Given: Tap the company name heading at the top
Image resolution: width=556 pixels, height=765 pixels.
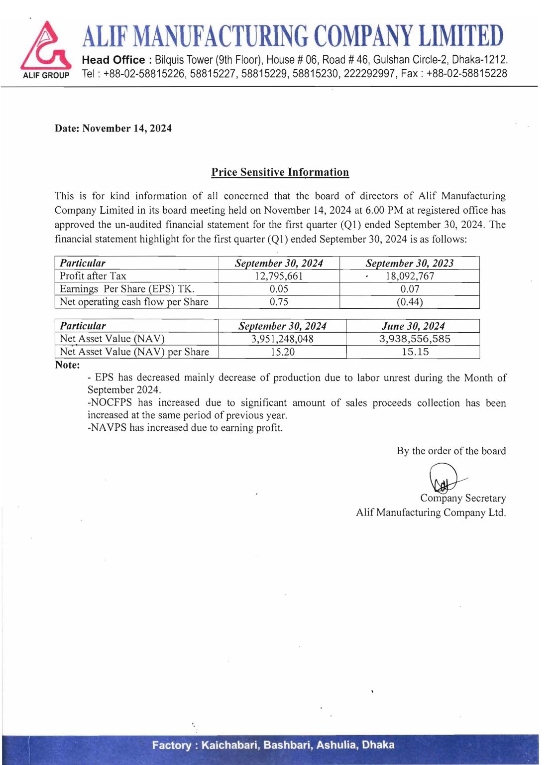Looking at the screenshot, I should click(293, 36).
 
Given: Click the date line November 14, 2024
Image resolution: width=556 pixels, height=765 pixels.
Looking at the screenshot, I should click(113, 128).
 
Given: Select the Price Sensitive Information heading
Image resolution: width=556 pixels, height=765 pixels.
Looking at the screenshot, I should click(280, 172).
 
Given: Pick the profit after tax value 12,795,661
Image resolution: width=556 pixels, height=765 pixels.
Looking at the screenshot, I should click(279, 276).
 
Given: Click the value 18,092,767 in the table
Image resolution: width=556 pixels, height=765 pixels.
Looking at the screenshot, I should click(410, 276).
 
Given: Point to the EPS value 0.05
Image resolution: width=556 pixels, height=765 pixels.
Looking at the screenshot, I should click(279, 289).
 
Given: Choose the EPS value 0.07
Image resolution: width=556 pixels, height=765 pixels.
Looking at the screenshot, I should click(410, 289).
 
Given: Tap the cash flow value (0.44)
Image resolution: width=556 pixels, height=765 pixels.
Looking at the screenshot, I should click(410, 302).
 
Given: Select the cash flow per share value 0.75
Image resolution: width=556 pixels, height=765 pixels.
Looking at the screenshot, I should click(279, 302).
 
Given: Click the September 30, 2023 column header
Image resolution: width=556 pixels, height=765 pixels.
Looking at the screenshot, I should click(410, 263).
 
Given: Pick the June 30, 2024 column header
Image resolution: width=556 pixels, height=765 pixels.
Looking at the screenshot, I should click(413, 326).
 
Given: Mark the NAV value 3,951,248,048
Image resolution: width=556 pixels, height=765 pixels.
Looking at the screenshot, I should click(282, 339).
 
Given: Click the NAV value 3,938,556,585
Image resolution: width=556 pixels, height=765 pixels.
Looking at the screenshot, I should click(415, 339).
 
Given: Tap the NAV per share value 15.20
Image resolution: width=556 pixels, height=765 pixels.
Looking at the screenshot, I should click(282, 352).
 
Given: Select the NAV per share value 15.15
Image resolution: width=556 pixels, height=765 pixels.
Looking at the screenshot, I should click(415, 352).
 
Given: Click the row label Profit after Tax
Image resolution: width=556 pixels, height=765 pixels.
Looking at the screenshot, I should click(93, 276).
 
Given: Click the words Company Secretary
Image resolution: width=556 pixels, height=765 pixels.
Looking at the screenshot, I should click(463, 498).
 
